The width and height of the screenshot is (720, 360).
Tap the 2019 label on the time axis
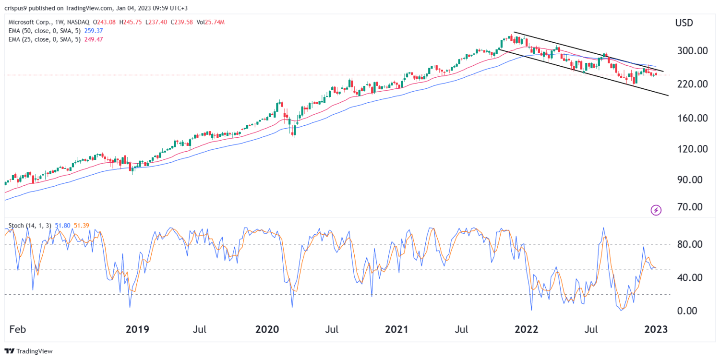pos(137,329)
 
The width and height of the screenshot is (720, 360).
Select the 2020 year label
pos(267,329)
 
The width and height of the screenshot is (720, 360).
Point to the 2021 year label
pos(396,329)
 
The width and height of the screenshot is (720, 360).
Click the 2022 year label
pos(527,329)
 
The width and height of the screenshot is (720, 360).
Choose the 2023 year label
pos(656,329)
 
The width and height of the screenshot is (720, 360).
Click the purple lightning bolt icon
pos(656,210)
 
